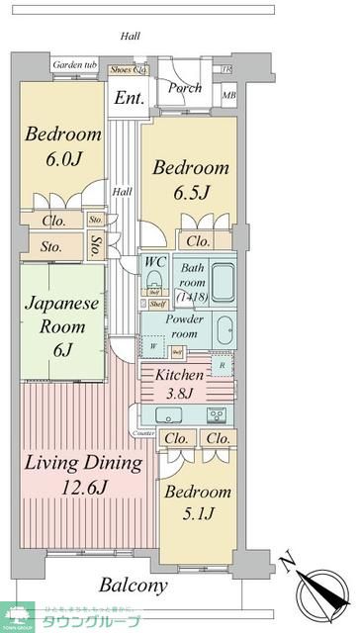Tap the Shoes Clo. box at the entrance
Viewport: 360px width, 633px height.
pyautogui.click(x=127, y=69)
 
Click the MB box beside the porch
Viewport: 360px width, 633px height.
pyautogui.click(x=229, y=96)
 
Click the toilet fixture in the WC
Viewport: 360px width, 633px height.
pyautogui.click(x=155, y=278)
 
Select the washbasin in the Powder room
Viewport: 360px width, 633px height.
pyautogui.click(x=224, y=328)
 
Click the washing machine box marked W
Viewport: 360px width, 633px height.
pyautogui.click(x=153, y=347)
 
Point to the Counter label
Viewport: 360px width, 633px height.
pyautogui.click(x=144, y=434)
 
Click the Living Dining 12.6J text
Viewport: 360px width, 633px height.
pyautogui.click(x=82, y=475)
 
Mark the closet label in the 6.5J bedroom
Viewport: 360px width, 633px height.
pyautogui.click(x=198, y=240)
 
